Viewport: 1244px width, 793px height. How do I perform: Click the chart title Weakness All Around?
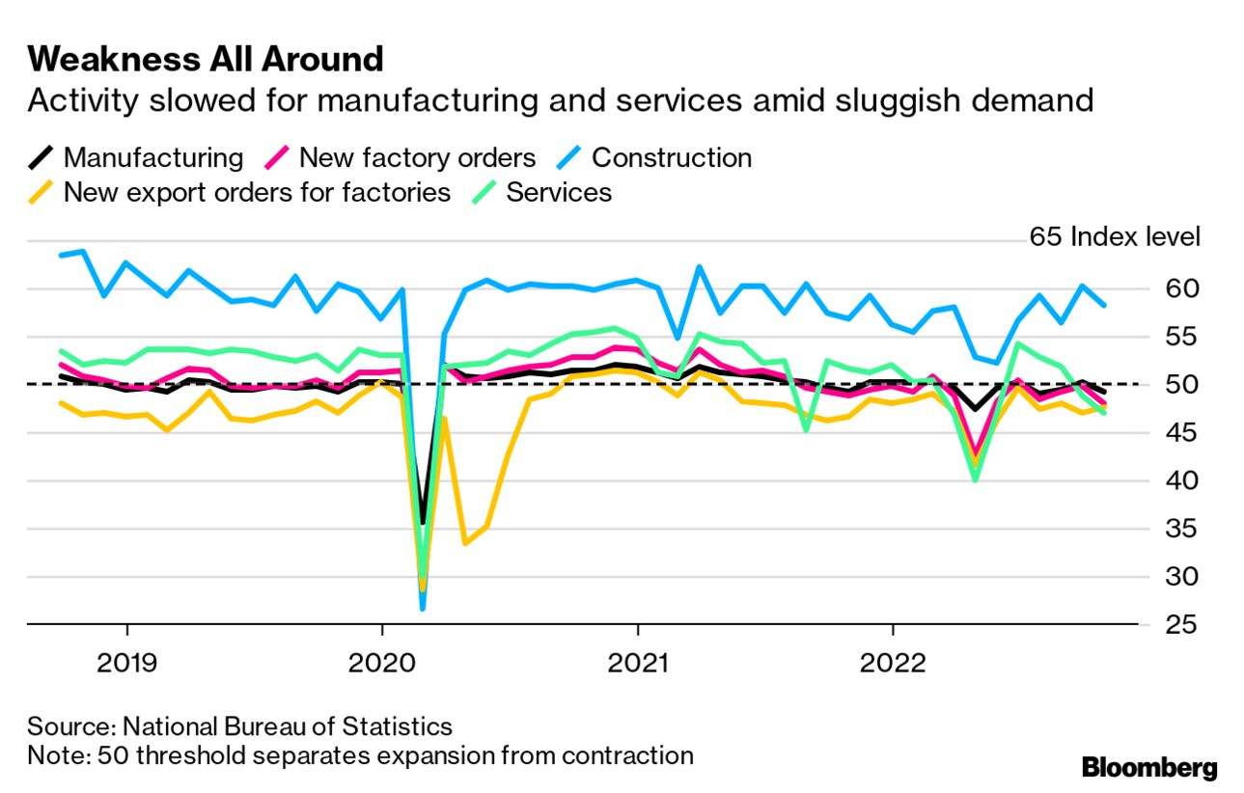(206, 59)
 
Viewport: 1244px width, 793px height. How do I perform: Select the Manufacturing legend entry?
(136, 157)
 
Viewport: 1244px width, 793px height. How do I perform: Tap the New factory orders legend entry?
(400, 157)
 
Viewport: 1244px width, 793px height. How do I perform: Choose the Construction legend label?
(672, 157)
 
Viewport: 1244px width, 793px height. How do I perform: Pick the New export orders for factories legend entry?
(239, 193)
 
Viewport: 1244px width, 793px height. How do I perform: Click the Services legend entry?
(542, 193)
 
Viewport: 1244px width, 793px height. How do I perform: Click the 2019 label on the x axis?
(127, 663)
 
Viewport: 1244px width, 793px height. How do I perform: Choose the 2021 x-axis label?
(638, 663)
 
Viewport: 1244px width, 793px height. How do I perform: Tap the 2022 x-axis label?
(893, 663)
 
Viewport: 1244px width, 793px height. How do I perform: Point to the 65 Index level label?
(1115, 237)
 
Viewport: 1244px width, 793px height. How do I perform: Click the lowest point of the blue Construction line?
(423, 609)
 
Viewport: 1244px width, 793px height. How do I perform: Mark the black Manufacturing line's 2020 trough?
(423, 523)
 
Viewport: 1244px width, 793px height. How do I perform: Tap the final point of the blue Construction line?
(1105, 305)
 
